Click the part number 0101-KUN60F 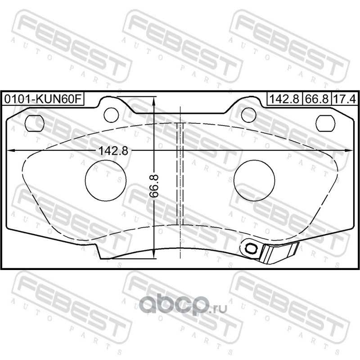pyautogui.click(x=43, y=99)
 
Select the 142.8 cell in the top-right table pyautogui.click(x=284, y=99)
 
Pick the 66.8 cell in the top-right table pyautogui.click(x=317, y=99)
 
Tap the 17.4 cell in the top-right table pyautogui.click(x=344, y=99)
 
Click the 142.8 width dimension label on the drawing pyautogui.click(x=113, y=151)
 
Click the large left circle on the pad pyautogui.click(x=106, y=180)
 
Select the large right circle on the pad pyautogui.click(x=254, y=180)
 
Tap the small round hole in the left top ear pyautogui.click(x=111, y=115)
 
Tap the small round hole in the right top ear pyautogui.click(x=249, y=115)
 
